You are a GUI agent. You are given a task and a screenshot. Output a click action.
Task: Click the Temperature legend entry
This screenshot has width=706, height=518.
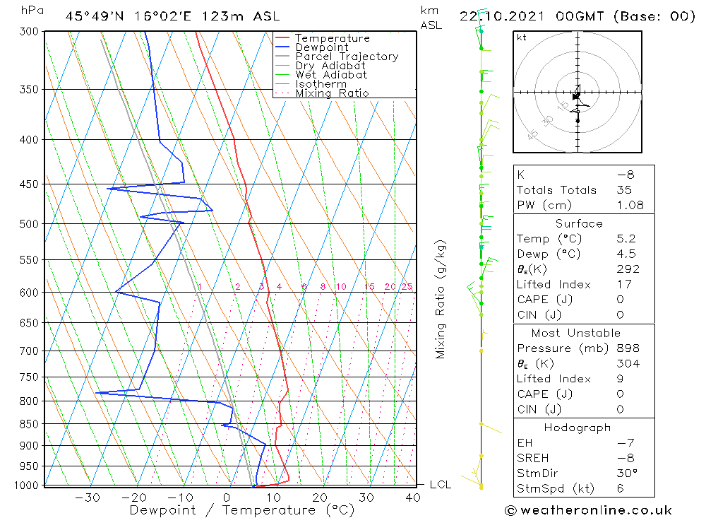[332, 38]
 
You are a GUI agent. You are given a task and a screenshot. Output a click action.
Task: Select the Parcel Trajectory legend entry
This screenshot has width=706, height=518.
[346, 57]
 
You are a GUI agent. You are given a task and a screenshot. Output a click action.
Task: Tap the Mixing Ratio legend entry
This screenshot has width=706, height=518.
[332, 93]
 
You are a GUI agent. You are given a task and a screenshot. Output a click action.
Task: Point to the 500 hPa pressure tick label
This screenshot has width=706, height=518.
[30, 224]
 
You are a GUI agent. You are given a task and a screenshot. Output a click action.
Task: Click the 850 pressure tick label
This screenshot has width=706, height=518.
[30, 424]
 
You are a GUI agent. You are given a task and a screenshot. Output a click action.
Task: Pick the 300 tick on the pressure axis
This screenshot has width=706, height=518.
[30, 32]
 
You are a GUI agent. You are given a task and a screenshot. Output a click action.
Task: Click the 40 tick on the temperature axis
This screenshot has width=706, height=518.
[412, 498]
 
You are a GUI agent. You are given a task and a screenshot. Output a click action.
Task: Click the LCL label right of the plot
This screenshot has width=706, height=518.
[440, 485]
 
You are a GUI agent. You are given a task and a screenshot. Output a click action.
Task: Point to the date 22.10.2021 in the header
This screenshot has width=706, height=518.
[502, 16]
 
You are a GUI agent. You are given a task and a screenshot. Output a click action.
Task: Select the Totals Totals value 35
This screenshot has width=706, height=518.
[623, 189]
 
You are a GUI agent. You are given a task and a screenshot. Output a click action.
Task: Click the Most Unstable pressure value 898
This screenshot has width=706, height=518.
[628, 348]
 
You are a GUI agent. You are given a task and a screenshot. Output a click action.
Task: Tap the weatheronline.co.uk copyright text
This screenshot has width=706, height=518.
[588, 510]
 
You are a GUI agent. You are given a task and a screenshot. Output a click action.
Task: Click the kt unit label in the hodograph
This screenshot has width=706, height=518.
[522, 37]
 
